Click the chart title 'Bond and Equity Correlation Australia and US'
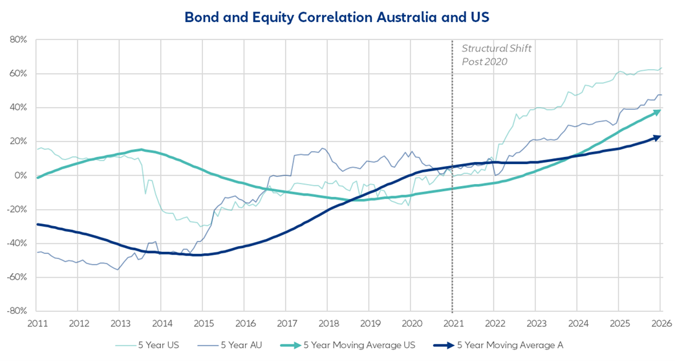pos(337,17)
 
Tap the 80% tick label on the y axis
pos(17,39)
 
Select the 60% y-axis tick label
pos(17,74)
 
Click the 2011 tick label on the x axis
pos(36,323)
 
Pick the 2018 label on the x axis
pos(328,323)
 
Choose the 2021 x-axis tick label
pos(453,323)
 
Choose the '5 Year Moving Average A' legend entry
pos(510,346)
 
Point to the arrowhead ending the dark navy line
pos(657,137)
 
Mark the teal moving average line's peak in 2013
pos(141,150)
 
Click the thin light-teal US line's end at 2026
pos(661,68)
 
